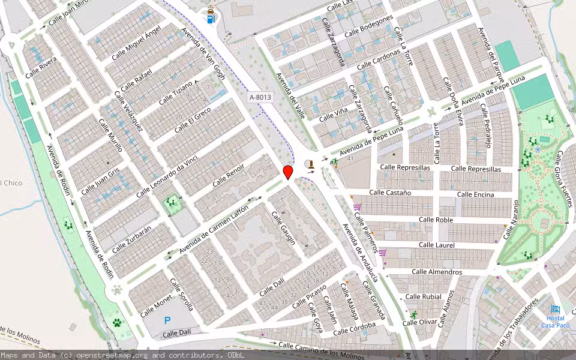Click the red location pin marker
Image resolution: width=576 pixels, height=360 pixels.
pyautogui.click(x=288, y=172)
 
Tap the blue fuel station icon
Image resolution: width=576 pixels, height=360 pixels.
pyautogui.click(x=211, y=18)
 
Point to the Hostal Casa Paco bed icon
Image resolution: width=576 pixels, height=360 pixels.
pyautogui.click(x=555, y=308)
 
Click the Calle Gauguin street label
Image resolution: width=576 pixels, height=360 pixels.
pyautogui.click(x=283, y=228)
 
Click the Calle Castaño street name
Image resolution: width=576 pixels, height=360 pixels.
pyautogui.click(x=390, y=193)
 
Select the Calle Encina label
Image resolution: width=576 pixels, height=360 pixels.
pyautogui.click(x=475, y=194)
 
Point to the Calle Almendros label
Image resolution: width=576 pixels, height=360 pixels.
pyautogui.click(x=437, y=272)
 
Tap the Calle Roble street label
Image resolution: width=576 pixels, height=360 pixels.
pyautogui.click(x=436, y=220)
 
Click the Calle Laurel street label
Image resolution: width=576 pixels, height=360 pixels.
pyautogui.click(x=436, y=245)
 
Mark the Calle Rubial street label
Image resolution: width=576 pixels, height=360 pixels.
pyautogui.click(x=423, y=297)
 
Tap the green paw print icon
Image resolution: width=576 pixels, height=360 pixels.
pyautogui.click(x=117, y=322)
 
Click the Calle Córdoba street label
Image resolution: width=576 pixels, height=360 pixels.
pyautogui.click(x=354, y=328)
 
